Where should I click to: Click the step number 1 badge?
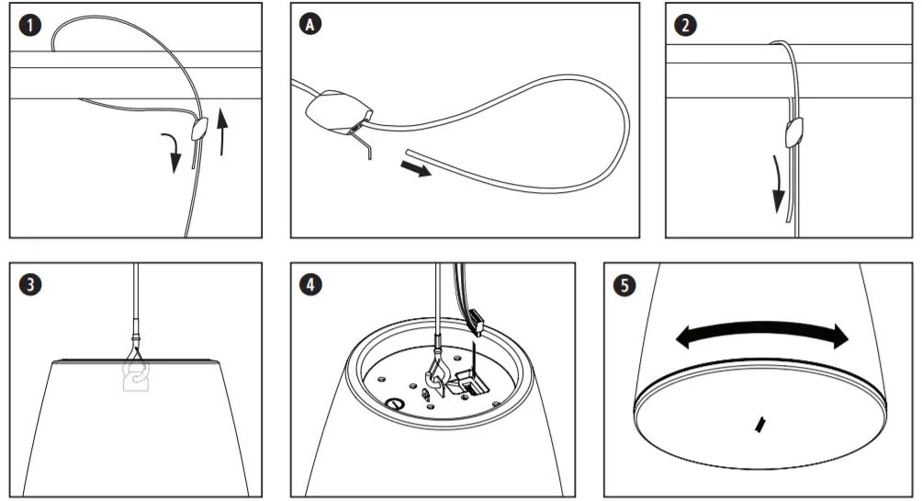[32, 26]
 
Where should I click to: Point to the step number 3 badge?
[32, 285]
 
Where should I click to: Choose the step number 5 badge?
[625, 285]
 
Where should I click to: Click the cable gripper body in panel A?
[332, 113]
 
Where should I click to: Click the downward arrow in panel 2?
[778, 184]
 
